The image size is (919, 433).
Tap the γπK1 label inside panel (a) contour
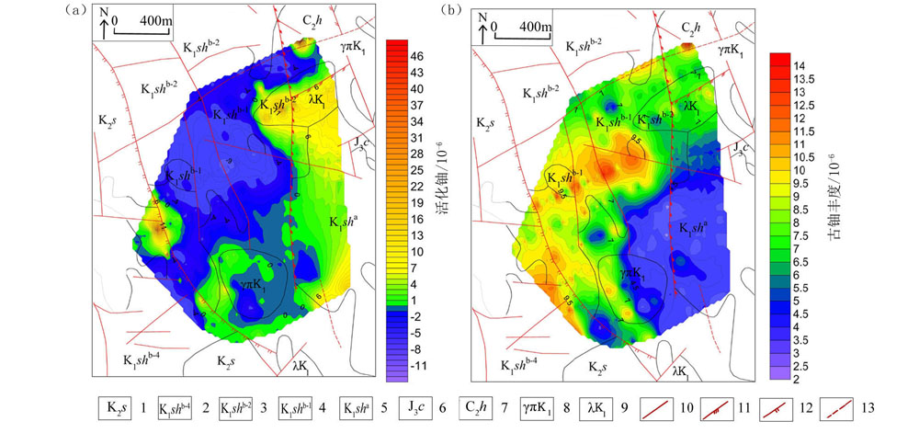[252, 285]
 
